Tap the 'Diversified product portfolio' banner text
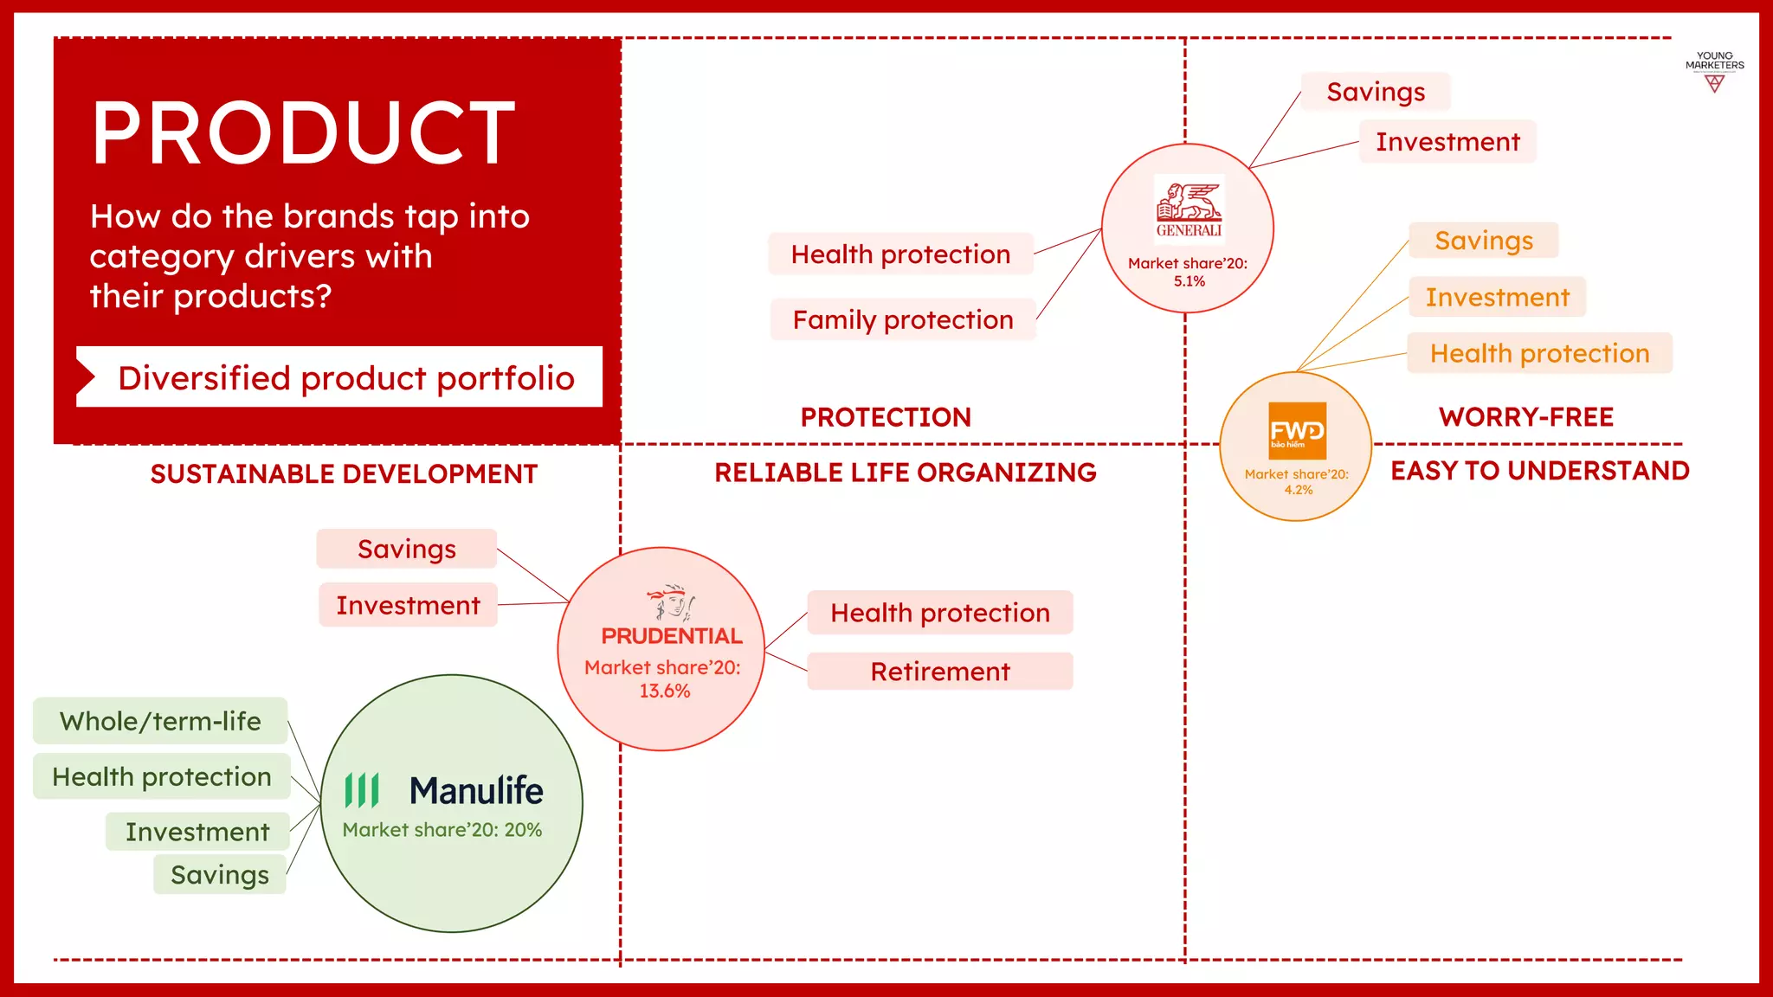click(x=346, y=378)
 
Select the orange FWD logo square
click(x=1297, y=430)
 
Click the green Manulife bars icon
click(x=362, y=790)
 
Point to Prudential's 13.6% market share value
click(x=664, y=691)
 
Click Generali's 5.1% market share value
click(x=1189, y=281)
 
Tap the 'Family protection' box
click(x=903, y=320)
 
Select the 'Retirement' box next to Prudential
click(x=940, y=672)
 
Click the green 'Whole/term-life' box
click(x=160, y=721)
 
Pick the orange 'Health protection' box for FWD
click(x=1539, y=353)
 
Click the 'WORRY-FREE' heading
click(x=1526, y=417)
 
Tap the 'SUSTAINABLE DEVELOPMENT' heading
click(x=344, y=474)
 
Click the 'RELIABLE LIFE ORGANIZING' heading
click(x=905, y=473)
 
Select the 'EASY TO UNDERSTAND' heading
click(x=1539, y=471)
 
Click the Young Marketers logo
click(x=1714, y=72)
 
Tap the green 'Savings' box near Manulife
click(x=220, y=875)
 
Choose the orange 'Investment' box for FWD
click(x=1497, y=298)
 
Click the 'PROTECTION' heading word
click(x=886, y=417)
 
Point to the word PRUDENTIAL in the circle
click(x=672, y=636)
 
